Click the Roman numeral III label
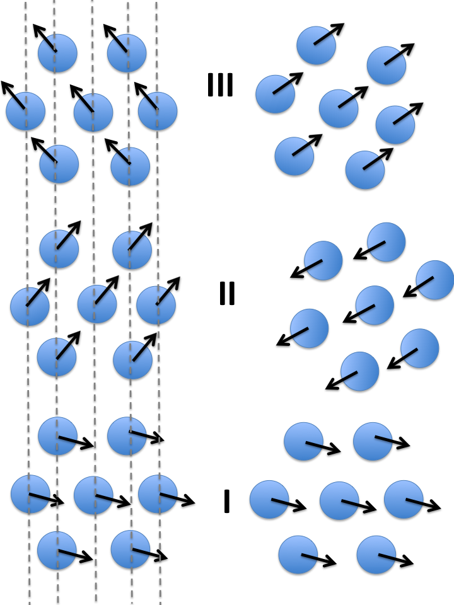pos(220,85)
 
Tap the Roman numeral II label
pos(226,293)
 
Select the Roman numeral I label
pos(226,502)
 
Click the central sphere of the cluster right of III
pos(339,108)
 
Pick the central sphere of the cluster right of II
pos(375,305)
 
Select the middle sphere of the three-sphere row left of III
pos(93,113)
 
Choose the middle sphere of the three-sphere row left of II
pos(97,304)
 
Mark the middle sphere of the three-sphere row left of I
pos(93,495)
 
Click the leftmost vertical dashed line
pos(27,378)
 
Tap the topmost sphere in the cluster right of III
pos(316,45)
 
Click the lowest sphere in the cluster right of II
pos(359,371)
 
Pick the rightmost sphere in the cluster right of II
pos(435,280)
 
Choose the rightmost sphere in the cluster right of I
pos(404,500)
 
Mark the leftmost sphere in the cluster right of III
pos(275,95)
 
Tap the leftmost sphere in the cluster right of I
pos(269,500)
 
